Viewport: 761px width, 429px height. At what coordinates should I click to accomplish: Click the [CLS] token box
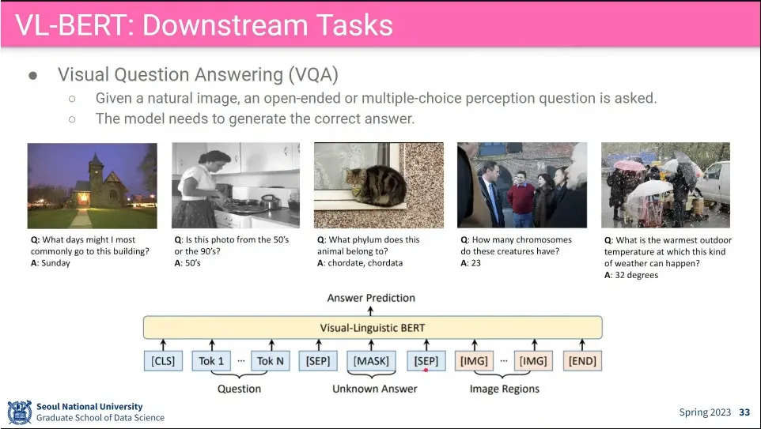tap(163, 360)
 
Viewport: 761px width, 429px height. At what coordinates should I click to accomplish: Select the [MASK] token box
tap(371, 360)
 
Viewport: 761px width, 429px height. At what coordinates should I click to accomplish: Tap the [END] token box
tap(582, 360)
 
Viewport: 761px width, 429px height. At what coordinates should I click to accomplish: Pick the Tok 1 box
tap(211, 360)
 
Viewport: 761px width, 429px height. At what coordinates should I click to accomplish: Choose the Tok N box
tap(271, 360)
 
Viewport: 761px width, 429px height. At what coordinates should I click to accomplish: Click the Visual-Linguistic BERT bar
tap(373, 328)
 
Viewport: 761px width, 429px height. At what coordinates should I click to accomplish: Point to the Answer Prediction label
tap(371, 298)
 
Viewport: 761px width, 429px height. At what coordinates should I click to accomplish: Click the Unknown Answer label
tap(375, 389)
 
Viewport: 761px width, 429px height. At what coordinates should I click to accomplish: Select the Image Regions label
tap(504, 389)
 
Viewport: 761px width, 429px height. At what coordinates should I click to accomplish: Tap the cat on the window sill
tap(377, 185)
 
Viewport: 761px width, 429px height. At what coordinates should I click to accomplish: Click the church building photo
tap(93, 186)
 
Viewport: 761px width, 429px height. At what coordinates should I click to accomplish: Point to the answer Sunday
tap(56, 263)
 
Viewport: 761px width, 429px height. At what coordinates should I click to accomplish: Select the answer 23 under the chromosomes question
tap(475, 263)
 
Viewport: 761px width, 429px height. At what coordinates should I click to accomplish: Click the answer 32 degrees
tap(637, 276)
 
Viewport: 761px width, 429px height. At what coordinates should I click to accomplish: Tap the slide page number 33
tap(744, 412)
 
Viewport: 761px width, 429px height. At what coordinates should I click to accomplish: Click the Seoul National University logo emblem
tap(20, 412)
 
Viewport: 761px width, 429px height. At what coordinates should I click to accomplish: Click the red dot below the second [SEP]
tap(426, 371)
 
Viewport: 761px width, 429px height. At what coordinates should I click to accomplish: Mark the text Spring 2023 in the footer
tap(705, 412)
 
